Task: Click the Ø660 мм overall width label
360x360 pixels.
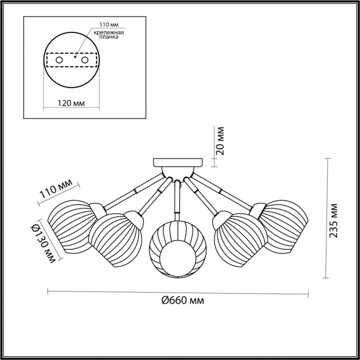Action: (x=183, y=300)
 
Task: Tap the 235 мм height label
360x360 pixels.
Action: (x=333, y=221)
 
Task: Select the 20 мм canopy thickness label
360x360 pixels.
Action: (x=220, y=141)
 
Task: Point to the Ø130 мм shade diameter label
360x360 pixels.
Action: (x=43, y=243)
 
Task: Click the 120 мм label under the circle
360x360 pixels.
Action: (x=71, y=103)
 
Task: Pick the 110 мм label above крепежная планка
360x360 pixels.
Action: (x=109, y=25)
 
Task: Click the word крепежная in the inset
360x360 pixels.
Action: (x=109, y=32)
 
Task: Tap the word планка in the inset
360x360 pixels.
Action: (x=109, y=37)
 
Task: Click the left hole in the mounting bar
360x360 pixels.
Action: (x=59, y=60)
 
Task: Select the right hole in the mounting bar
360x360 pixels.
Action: (x=85, y=60)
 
